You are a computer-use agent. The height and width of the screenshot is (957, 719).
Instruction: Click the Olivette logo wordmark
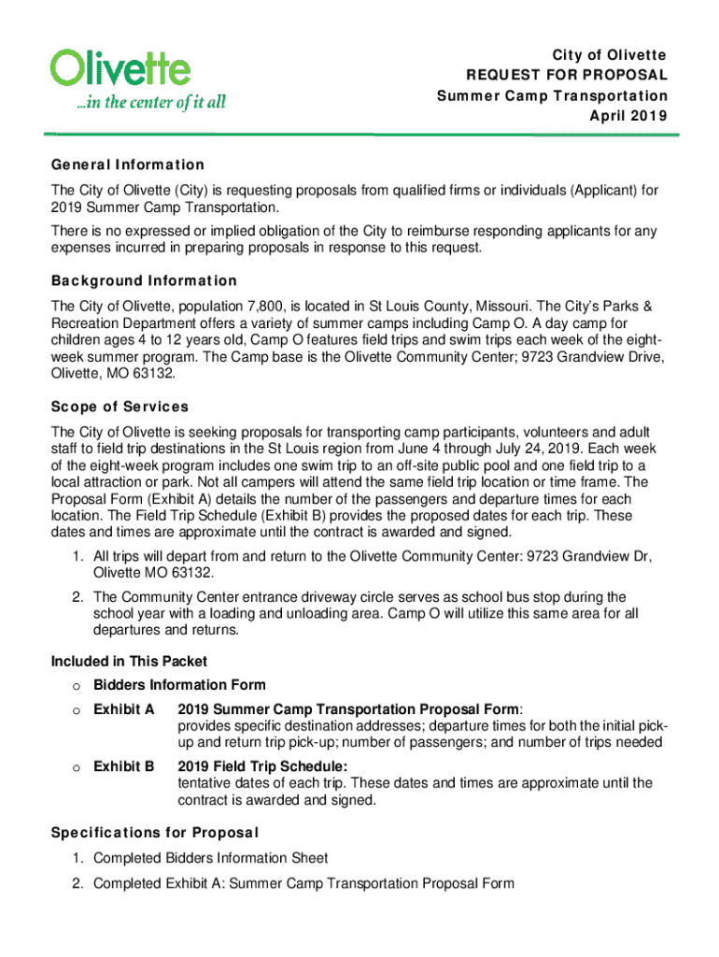tap(120, 67)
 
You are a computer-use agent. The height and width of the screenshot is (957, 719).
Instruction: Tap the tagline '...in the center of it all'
tap(150, 102)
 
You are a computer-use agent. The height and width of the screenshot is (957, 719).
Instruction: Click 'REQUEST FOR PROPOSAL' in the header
tap(567, 75)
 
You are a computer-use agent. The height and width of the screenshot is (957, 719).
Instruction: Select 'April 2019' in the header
tap(628, 117)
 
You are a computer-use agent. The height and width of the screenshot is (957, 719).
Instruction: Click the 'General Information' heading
tap(128, 165)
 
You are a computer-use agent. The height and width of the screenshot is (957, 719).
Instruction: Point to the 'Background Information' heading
tap(144, 280)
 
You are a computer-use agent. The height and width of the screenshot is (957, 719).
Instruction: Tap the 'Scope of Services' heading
tap(120, 407)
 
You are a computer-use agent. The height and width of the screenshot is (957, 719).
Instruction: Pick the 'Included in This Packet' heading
tap(129, 662)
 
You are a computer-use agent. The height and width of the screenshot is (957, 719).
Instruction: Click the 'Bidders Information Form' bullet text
tap(179, 685)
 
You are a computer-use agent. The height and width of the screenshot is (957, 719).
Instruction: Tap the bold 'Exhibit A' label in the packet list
tap(124, 708)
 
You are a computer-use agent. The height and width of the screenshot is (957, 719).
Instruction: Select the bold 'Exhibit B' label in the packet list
tap(124, 767)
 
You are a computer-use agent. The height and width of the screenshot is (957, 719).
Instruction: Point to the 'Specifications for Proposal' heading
tap(155, 832)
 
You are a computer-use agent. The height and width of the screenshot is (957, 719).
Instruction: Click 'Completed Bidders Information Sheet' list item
tap(211, 858)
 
